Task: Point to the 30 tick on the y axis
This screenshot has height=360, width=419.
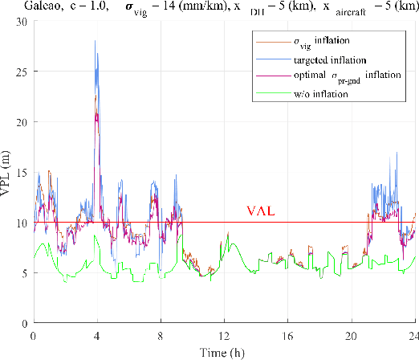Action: click(x=22, y=22)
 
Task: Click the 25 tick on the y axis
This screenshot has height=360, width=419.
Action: click(x=22, y=72)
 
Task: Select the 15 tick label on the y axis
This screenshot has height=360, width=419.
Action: click(x=22, y=172)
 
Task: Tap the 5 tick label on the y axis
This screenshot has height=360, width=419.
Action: click(x=25, y=272)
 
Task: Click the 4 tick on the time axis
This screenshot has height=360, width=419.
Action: click(x=97, y=334)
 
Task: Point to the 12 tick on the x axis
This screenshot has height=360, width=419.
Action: click(x=225, y=334)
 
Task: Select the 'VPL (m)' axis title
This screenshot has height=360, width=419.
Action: click(x=7, y=172)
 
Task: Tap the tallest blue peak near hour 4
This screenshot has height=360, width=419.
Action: click(x=96, y=40)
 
